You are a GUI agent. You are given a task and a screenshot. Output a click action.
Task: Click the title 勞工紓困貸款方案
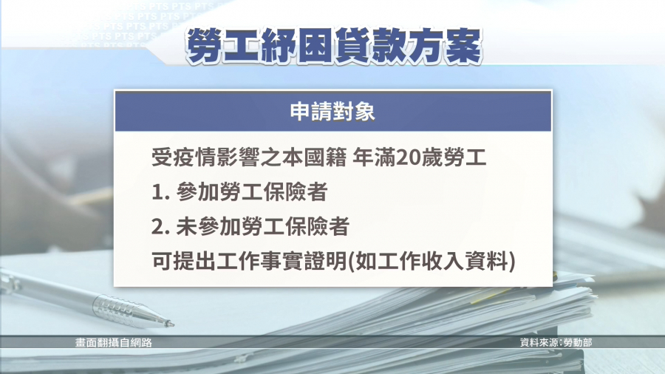[x=334, y=46]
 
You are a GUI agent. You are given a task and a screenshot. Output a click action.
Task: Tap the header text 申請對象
[x=332, y=112]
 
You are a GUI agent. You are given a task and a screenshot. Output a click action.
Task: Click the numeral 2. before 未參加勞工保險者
[x=161, y=228]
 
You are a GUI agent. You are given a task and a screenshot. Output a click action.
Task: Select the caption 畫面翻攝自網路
[x=114, y=343]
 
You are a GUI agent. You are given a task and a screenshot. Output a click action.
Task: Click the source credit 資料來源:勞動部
[x=556, y=343]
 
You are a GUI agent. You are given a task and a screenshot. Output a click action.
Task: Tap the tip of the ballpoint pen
[x=173, y=324]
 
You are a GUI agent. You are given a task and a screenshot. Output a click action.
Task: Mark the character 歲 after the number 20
[x=432, y=158]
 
